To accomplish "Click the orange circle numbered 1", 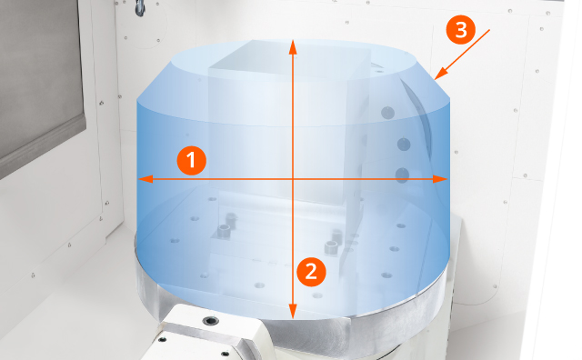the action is pos(192,160).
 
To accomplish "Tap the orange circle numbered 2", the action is pos(311,272).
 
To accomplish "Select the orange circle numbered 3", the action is pos(461,30).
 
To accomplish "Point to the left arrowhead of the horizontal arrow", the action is pos(145,179).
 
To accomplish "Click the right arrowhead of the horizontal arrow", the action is pos(440,179).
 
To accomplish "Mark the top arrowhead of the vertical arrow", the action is pos(293,47).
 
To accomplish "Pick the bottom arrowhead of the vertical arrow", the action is pos(293,312).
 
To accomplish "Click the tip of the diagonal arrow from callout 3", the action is pos(435,79).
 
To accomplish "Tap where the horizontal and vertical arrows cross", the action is pos(293,179).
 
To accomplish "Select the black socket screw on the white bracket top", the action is pos(210,321).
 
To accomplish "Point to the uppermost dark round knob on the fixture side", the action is pos(387,113).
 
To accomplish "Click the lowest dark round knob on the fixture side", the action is pos(402,175).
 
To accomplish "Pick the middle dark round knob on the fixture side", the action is pos(404,144).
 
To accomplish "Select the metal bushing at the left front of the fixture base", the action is pos(224,231).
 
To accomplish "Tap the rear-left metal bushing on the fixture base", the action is pos(231,220).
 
